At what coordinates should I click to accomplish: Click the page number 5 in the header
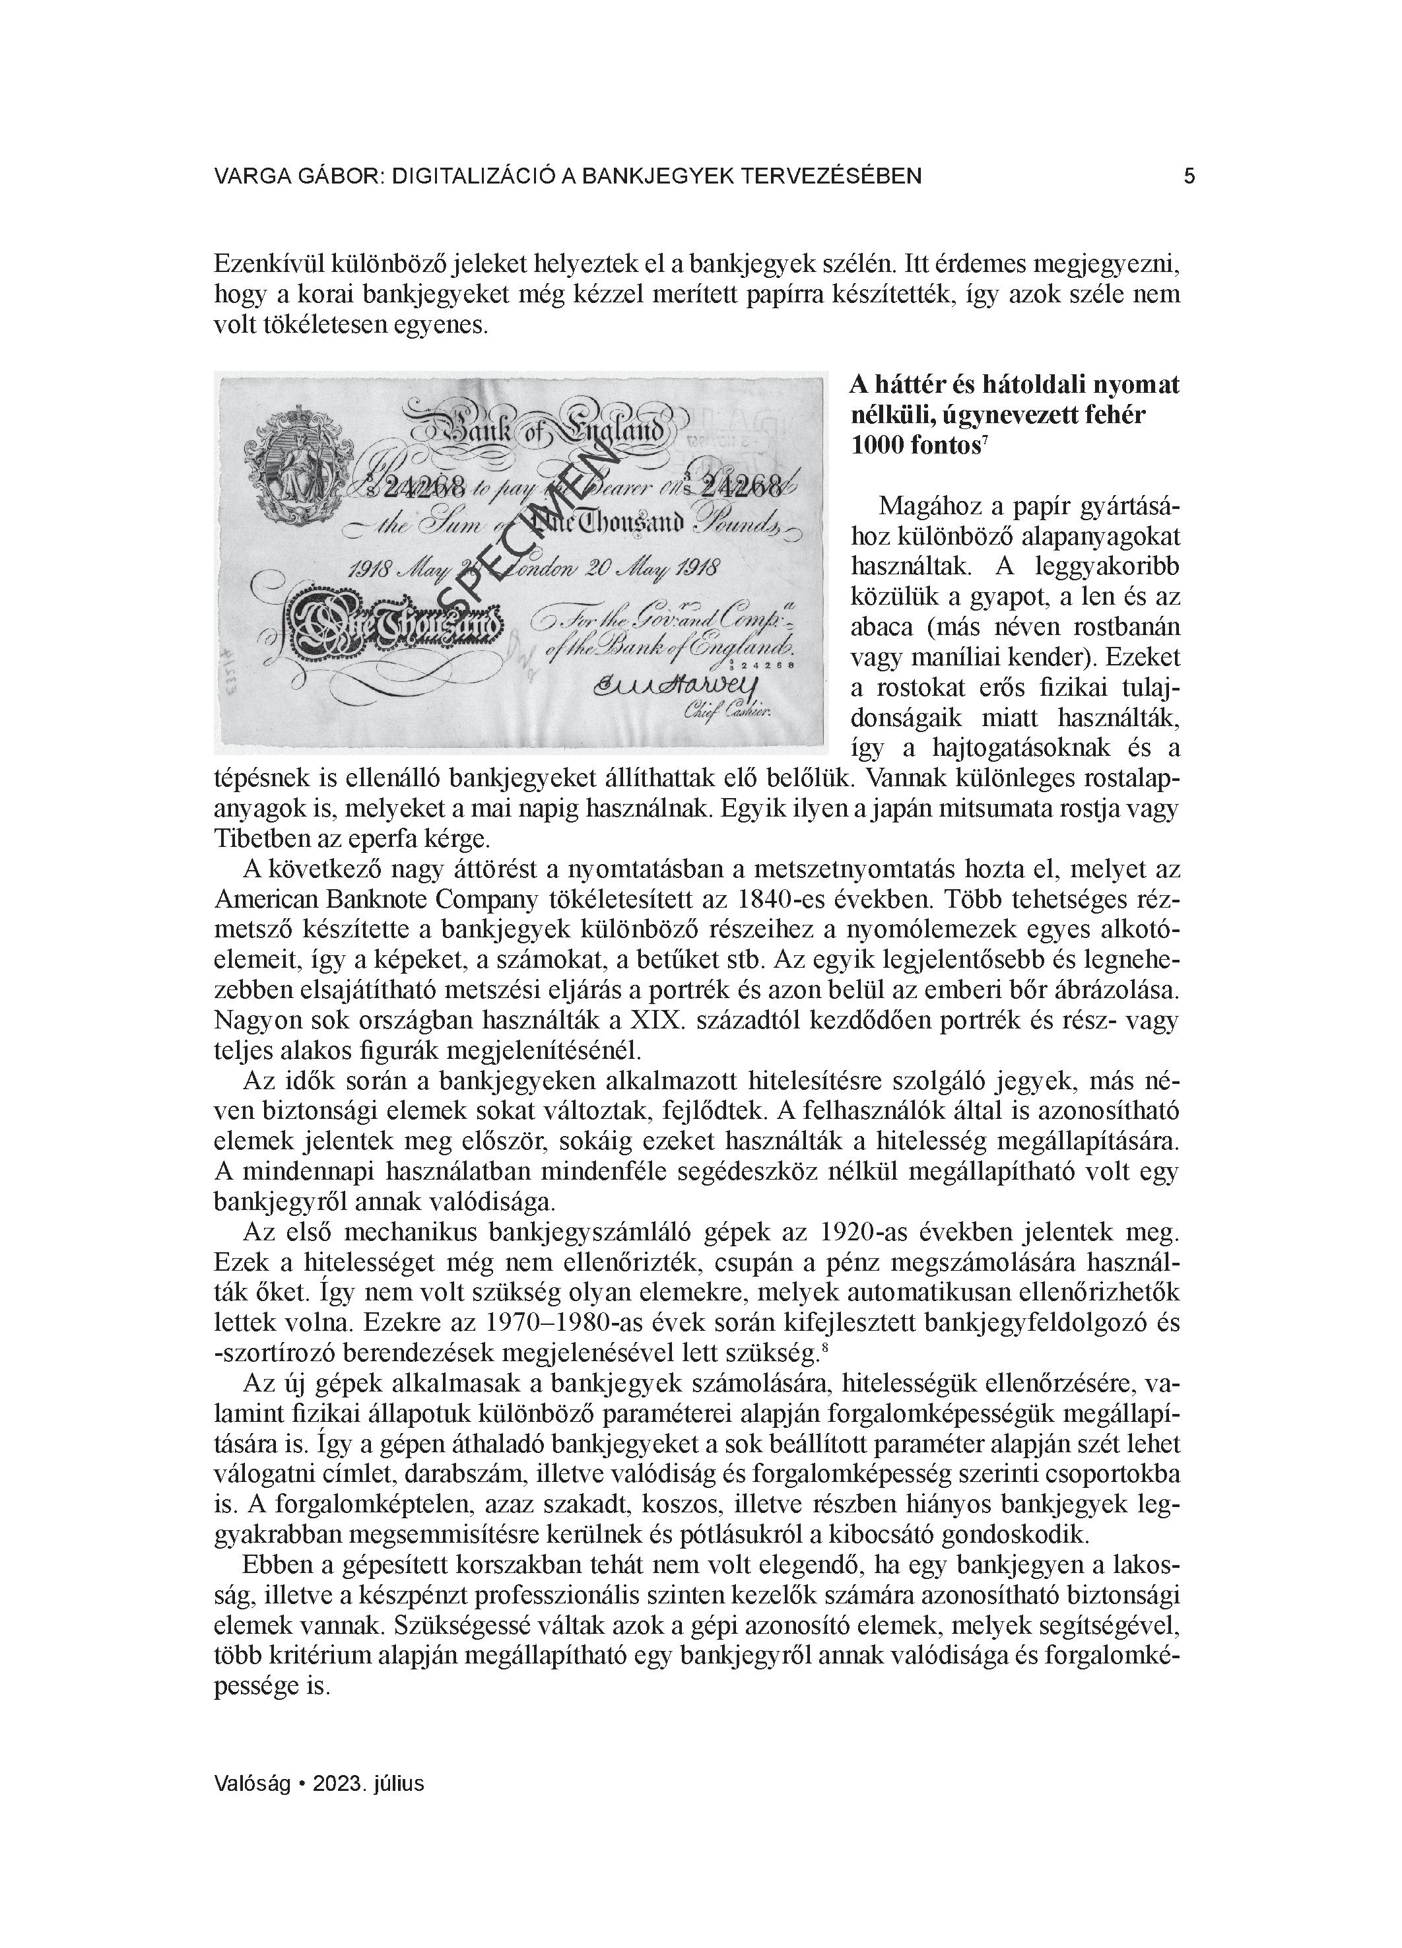click(1189, 176)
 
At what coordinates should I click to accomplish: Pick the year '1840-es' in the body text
click(778, 898)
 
